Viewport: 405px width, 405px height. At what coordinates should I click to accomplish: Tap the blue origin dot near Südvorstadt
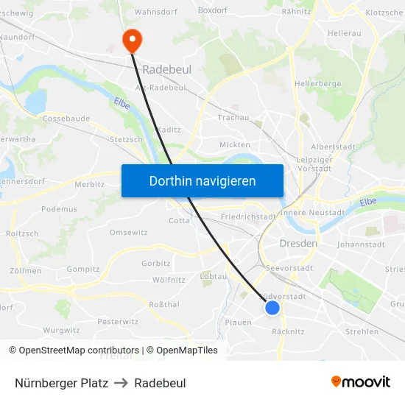(272, 308)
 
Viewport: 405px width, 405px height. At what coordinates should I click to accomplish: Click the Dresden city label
(298, 243)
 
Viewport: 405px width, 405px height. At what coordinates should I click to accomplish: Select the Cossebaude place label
(66, 118)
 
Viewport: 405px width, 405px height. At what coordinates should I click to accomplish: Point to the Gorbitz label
(155, 263)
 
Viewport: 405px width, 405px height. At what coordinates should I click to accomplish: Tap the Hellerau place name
(344, 34)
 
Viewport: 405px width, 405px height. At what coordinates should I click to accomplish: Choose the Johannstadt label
(361, 244)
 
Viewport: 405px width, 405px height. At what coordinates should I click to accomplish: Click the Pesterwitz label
(118, 322)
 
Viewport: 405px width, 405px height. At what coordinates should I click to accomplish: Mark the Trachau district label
(234, 118)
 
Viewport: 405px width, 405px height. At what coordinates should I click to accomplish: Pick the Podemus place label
(59, 209)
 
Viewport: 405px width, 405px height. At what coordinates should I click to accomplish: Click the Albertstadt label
(334, 147)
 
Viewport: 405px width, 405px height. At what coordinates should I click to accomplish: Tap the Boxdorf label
(212, 11)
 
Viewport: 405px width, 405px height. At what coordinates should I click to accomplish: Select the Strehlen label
(362, 332)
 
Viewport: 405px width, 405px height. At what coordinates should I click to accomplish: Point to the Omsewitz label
(128, 233)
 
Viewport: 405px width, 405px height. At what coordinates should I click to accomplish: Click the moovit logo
(360, 382)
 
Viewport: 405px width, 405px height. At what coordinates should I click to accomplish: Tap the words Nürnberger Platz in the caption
(61, 383)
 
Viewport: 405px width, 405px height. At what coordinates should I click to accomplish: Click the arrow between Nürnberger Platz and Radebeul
(121, 383)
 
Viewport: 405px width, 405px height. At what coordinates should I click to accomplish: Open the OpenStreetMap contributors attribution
(79, 351)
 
